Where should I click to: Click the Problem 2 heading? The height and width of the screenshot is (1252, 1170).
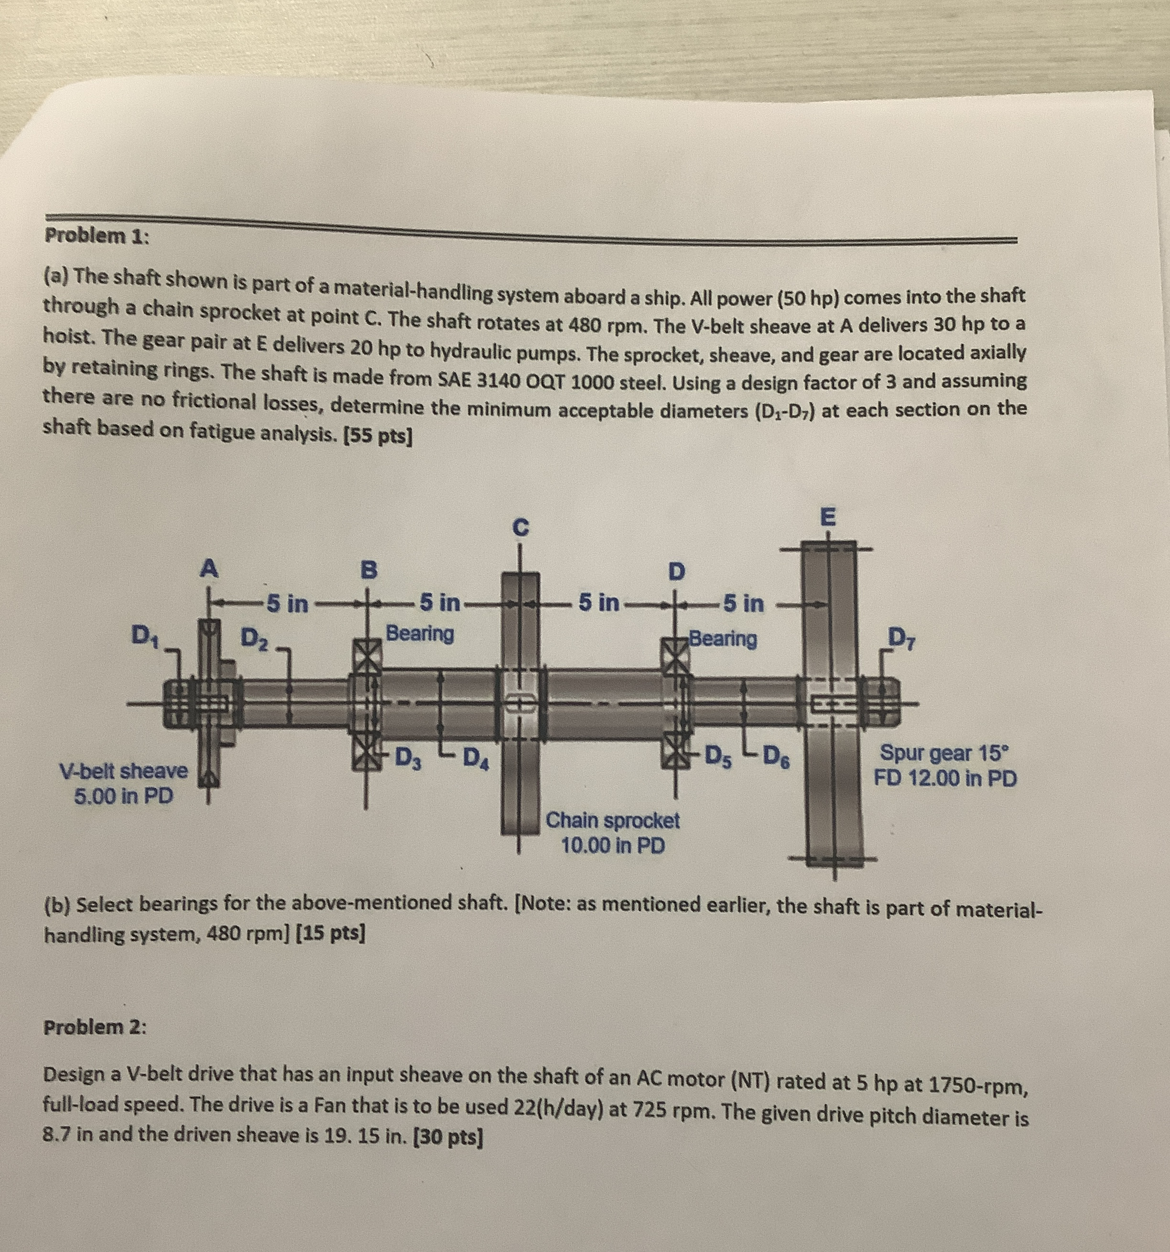95,1027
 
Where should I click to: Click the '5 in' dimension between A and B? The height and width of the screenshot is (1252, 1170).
287,604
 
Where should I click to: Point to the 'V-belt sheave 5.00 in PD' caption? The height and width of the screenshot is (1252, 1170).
124,783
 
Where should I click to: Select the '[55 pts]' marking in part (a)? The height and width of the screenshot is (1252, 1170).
376,437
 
